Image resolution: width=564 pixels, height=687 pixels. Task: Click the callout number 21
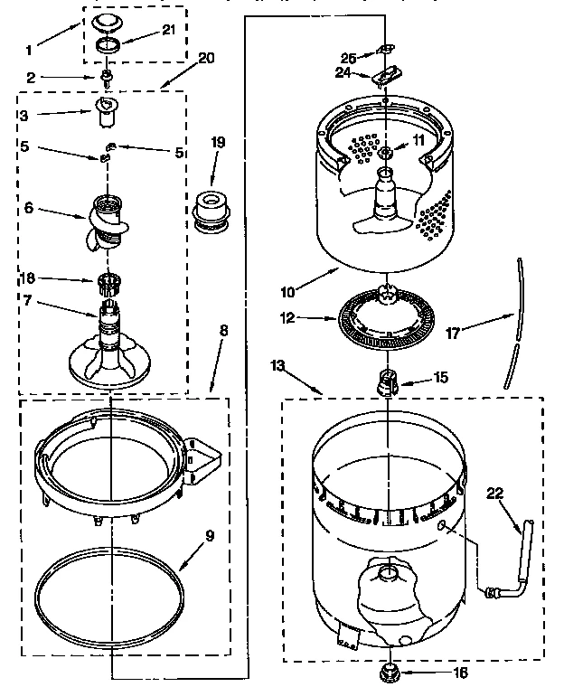pyautogui.click(x=169, y=30)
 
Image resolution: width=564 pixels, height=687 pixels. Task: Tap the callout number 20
pyautogui.click(x=205, y=59)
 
